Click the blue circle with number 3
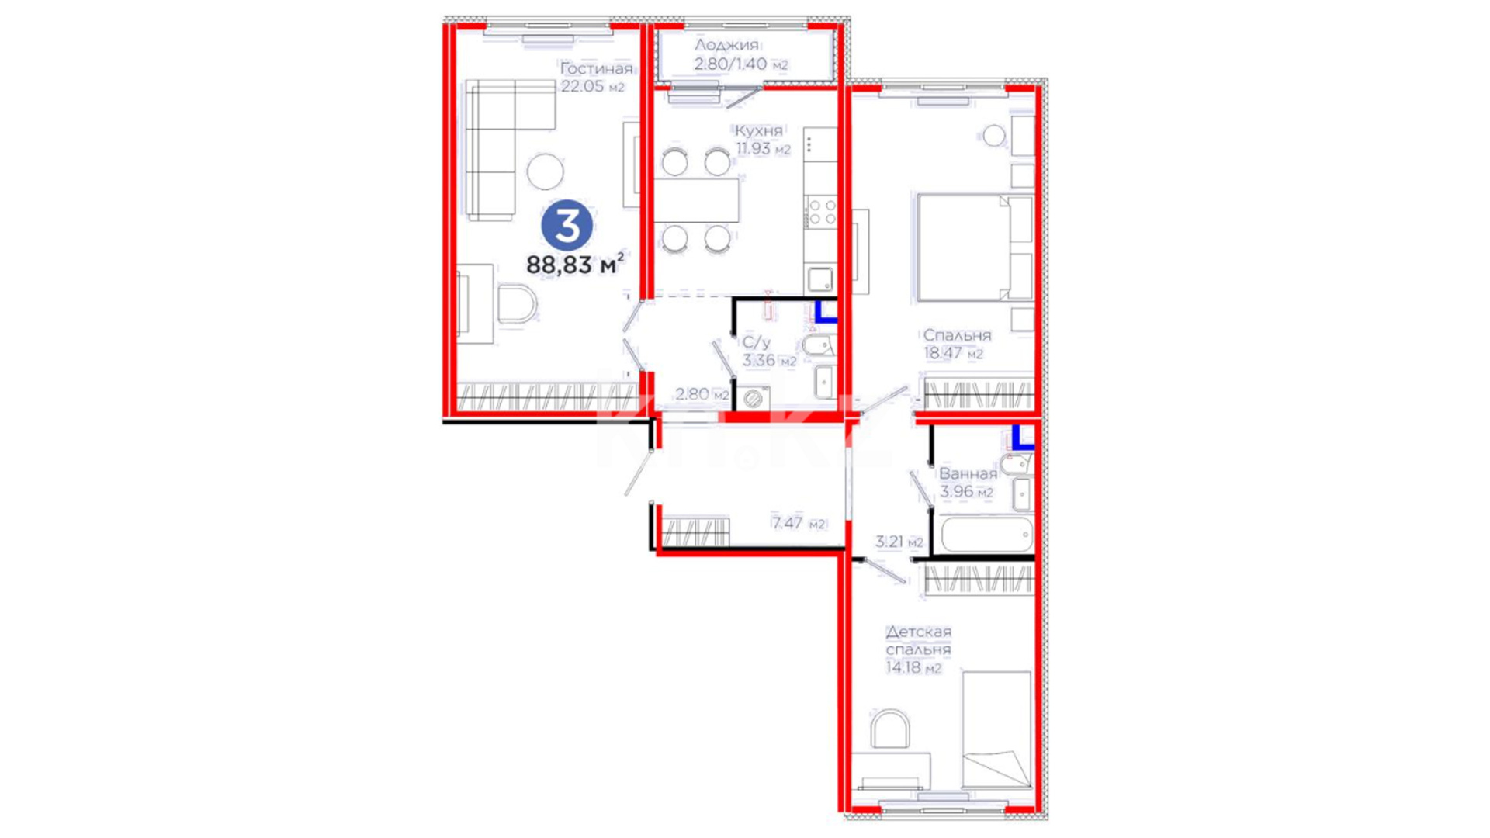tap(567, 226)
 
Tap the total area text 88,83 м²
tap(575, 265)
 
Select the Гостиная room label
tap(596, 69)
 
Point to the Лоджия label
tap(726, 45)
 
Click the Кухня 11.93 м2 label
tap(762, 140)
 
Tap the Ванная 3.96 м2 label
tap(968, 482)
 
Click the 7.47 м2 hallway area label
tap(798, 523)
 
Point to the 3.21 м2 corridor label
tap(899, 542)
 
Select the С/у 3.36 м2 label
tap(769, 351)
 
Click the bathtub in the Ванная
tap(986, 535)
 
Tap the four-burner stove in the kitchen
tap(821, 212)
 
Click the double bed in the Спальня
tap(975, 247)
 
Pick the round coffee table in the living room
tap(545, 171)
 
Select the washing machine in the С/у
tap(752, 398)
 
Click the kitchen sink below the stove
tap(820, 279)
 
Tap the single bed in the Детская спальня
tap(996, 730)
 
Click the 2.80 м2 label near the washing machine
tap(702, 394)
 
